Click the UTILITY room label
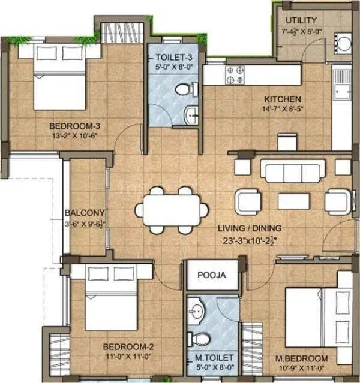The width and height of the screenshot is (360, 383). [301, 20]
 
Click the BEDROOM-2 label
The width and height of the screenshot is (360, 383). [128, 346]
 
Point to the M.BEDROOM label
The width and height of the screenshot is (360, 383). [302, 358]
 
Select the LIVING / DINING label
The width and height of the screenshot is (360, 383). [251, 228]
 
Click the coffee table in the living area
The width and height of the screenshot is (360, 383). [293, 201]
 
